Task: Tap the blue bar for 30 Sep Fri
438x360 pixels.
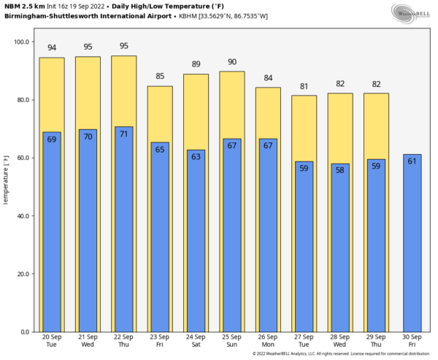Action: (412, 245)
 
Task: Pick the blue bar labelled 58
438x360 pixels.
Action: (340, 252)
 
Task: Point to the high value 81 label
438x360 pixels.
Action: (304, 87)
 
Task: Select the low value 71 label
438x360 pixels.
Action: (123, 134)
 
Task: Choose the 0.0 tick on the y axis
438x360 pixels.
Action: (24, 332)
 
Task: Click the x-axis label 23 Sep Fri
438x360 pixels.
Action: (159, 340)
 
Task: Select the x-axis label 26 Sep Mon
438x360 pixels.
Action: (268, 340)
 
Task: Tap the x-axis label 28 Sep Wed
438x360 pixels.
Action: (340, 340)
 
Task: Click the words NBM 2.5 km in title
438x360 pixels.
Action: (22, 6)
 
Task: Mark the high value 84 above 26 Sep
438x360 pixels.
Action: (268, 79)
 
